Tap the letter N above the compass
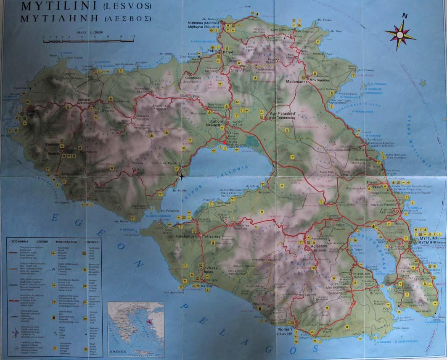pyautogui.click(x=405, y=16)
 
